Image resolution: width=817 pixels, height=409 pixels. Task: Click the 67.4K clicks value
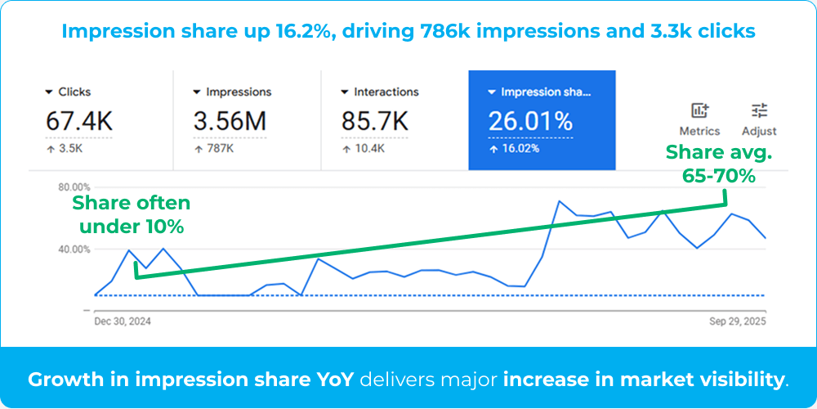point(79,122)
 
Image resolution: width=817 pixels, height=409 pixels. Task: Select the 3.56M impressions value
point(230,122)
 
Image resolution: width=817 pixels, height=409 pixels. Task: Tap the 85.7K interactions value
point(374,122)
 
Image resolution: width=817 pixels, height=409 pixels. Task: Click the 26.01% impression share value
point(530,122)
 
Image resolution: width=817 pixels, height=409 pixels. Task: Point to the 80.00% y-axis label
point(74,187)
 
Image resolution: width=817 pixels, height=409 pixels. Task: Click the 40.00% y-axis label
point(74,249)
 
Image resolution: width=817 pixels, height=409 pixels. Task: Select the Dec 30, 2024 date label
point(123,321)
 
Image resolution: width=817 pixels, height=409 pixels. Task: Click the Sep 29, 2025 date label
point(738,321)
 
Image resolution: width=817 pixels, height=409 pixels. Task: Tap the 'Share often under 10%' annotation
point(132,214)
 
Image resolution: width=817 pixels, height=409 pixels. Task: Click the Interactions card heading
point(386,92)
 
